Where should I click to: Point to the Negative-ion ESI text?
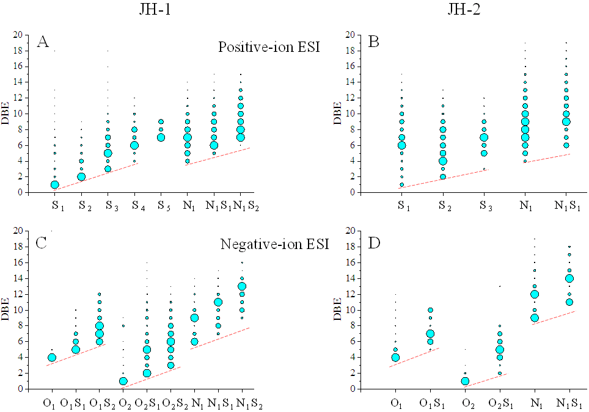(x=276, y=245)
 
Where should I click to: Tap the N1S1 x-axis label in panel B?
(x=566, y=204)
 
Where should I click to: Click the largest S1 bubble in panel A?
(x=55, y=184)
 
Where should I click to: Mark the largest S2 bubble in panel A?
(x=81, y=176)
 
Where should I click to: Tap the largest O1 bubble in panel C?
(x=52, y=357)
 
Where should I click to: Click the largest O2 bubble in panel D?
(x=465, y=381)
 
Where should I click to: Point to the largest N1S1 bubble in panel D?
(x=569, y=278)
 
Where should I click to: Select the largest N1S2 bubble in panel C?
(x=242, y=286)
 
